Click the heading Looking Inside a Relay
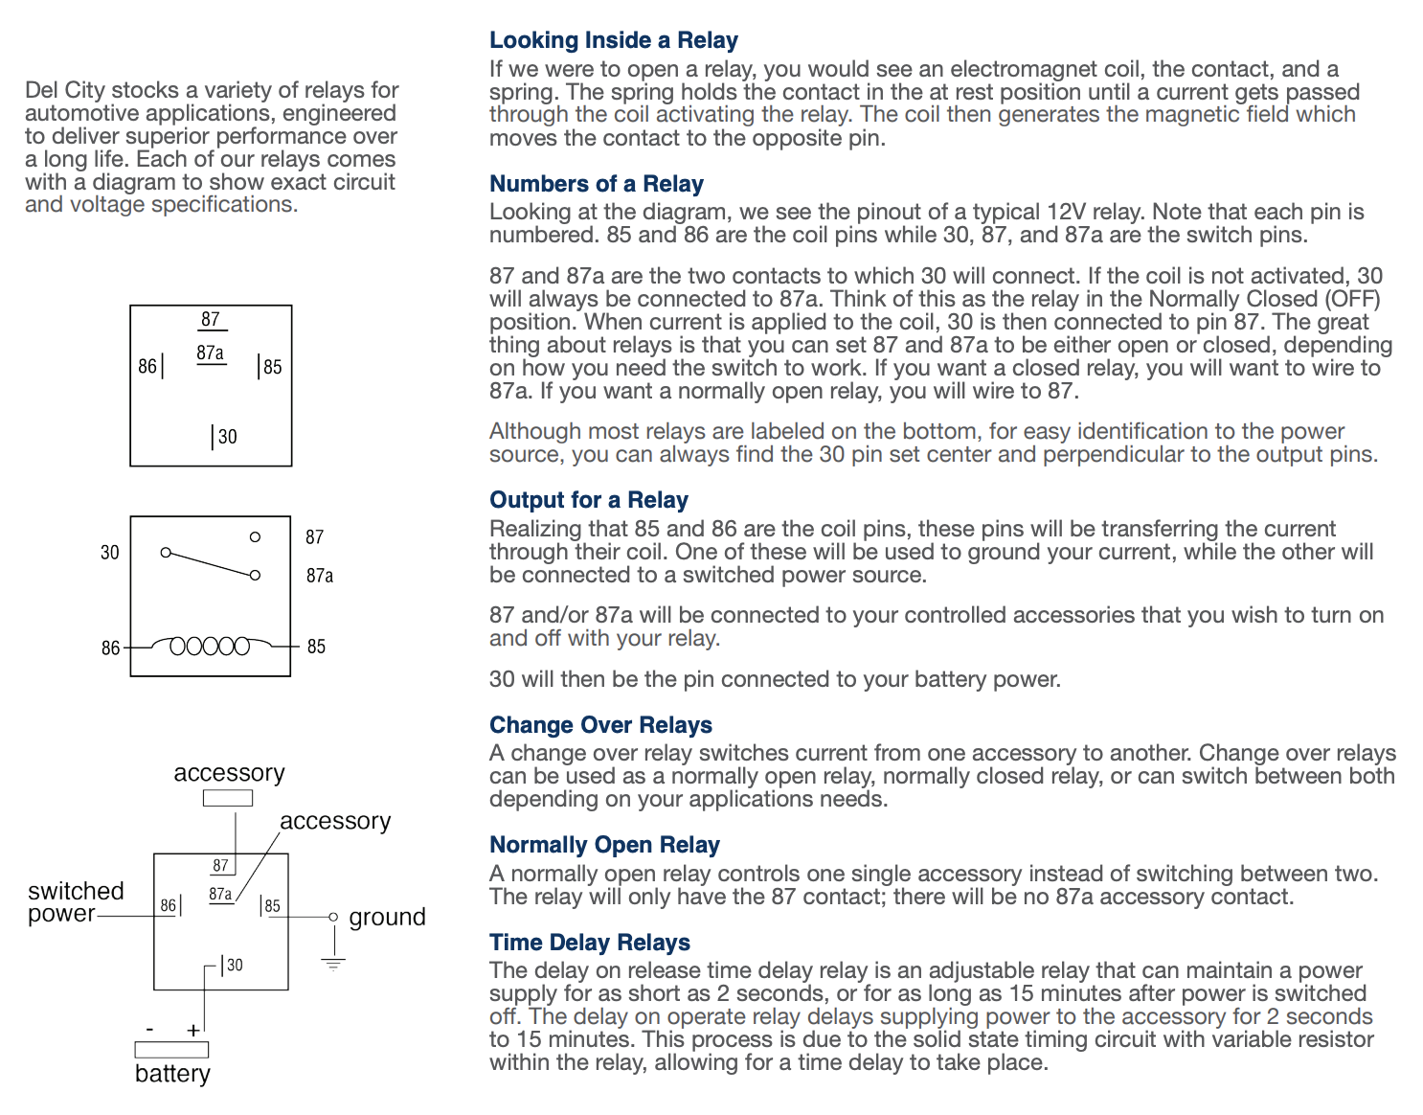pyautogui.click(x=613, y=40)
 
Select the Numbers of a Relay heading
pyautogui.click(x=596, y=184)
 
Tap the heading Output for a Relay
pyautogui.click(x=588, y=500)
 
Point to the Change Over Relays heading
pyautogui.click(x=600, y=725)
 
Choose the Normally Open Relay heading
pyautogui.click(x=604, y=845)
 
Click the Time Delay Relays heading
pyautogui.click(x=589, y=943)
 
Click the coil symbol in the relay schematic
pyautogui.click(x=210, y=647)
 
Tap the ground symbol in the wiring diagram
pyautogui.click(x=332, y=963)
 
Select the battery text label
pyautogui.click(x=172, y=1074)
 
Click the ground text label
pyautogui.click(x=387, y=918)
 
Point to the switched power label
pyautogui.click(x=76, y=902)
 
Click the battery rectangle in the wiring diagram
pyautogui.click(x=171, y=1050)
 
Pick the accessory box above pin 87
pyautogui.click(x=228, y=798)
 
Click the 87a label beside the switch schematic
pyautogui.click(x=320, y=576)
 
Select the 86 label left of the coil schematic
pyautogui.click(x=110, y=649)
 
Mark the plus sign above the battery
pyautogui.click(x=193, y=1031)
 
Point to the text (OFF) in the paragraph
pyautogui.click(x=1351, y=299)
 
